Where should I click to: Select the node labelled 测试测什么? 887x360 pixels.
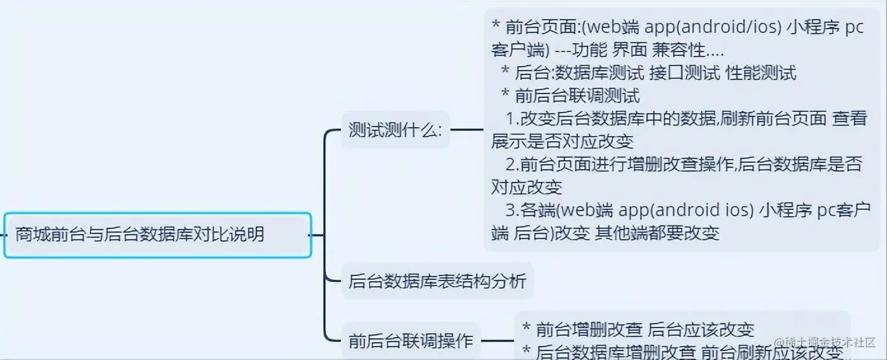coord(395,130)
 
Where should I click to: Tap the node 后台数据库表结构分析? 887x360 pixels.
coord(437,280)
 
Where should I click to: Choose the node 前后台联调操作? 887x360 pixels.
coord(410,341)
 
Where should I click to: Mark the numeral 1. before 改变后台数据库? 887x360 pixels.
coord(512,119)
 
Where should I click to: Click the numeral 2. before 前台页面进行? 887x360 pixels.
coord(512,165)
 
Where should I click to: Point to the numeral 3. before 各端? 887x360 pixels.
coord(512,211)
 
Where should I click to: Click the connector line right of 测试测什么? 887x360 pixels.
coord(467,130)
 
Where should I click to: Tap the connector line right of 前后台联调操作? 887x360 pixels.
coord(498,341)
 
